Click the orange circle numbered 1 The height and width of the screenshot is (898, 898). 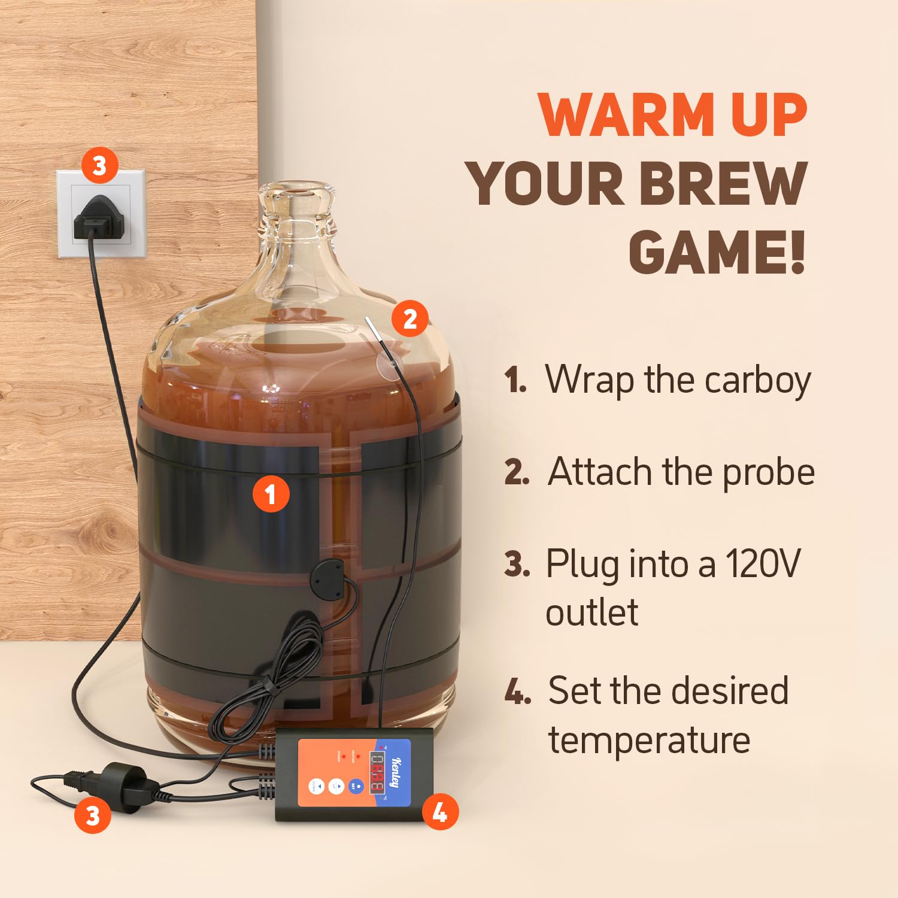271,494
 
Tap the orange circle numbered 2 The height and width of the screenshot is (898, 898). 410,318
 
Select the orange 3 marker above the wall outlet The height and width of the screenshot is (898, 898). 99,165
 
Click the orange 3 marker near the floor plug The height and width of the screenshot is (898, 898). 93,815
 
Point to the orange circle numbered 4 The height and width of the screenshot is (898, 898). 440,812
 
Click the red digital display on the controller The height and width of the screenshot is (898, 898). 377,772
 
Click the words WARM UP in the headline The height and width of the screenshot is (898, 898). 673,115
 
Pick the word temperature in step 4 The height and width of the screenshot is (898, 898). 649,740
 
